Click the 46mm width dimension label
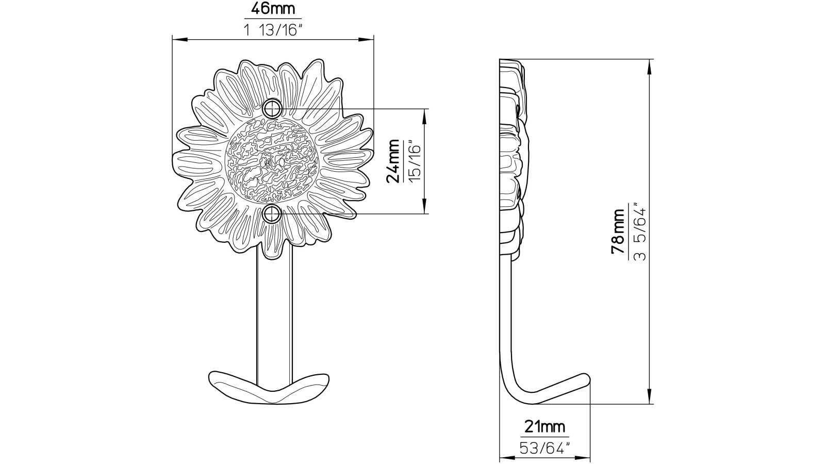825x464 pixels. pos(272,9)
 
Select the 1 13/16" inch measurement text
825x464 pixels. pos(272,30)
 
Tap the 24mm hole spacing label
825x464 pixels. pos(393,161)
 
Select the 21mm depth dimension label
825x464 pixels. pos(544,427)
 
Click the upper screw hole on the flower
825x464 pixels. pos(272,108)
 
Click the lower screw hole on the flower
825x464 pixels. pos(272,213)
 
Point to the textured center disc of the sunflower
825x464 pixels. pos(272,161)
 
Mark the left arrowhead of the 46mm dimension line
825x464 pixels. pos(175,39)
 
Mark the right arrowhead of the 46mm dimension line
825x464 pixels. pos(370,39)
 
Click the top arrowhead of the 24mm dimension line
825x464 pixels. pos(424,112)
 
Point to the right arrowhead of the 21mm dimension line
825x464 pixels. pos(586,458)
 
